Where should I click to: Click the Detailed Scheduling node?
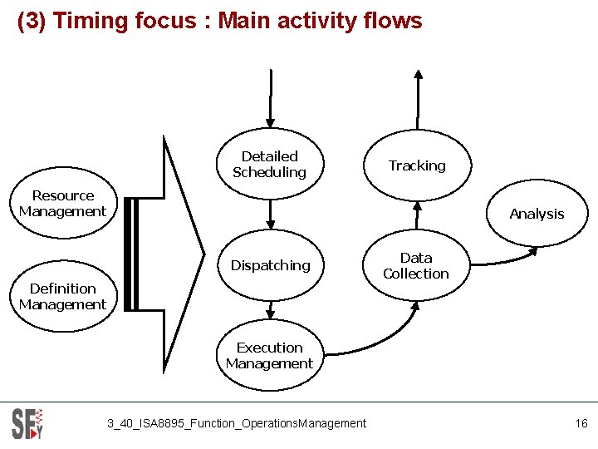pos(269,165)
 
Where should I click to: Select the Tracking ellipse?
pos(417,165)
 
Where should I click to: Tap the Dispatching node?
pos(270,265)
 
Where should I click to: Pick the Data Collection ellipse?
pos(416,265)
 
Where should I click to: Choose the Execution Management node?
pos(269,356)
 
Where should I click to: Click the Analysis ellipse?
pos(537,214)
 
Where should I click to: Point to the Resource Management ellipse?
pos(63,204)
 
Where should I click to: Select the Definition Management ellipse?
pos(63,297)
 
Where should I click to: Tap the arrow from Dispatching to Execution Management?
pos(269,310)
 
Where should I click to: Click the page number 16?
pos(581,424)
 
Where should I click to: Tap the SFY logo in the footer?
pos(27,423)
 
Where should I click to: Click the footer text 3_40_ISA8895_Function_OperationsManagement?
pos(236,424)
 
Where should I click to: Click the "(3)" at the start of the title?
pos(32,21)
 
